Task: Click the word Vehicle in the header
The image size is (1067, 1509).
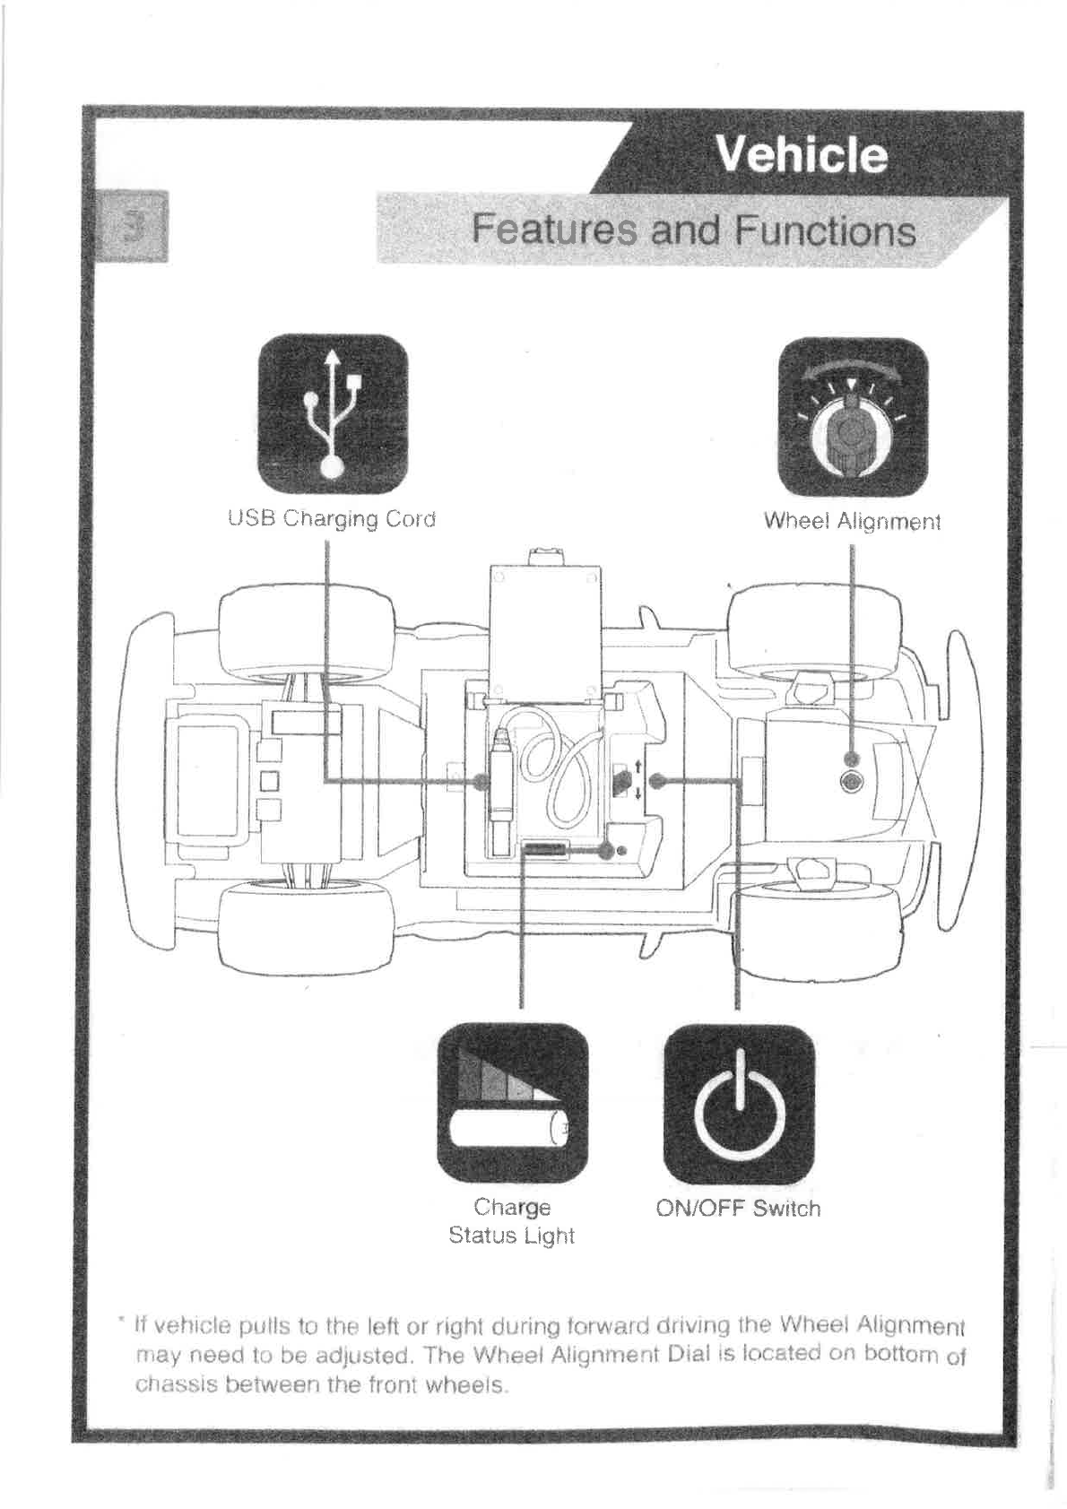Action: [x=801, y=156]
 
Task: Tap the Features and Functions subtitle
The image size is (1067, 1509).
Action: [x=693, y=230]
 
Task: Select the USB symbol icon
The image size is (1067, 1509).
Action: [x=333, y=413]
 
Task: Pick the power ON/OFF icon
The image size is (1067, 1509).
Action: [x=739, y=1104]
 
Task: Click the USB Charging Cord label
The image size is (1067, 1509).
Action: [x=332, y=519]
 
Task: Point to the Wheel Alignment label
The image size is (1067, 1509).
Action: [x=852, y=521]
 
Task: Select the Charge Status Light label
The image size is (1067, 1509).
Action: [x=511, y=1221]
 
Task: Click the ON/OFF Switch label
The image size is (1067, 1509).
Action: [x=738, y=1208]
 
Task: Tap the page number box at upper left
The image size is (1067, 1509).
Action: [x=133, y=226]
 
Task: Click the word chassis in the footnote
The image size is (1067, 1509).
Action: [x=165, y=1384]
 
